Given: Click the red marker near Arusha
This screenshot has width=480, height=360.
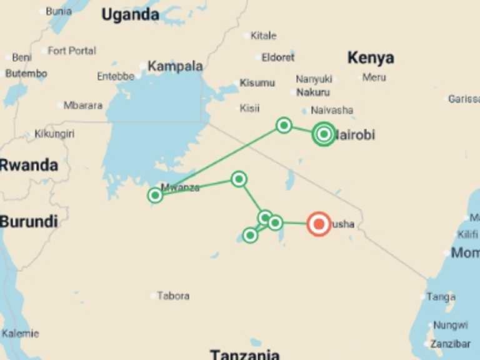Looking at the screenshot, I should coord(319,224).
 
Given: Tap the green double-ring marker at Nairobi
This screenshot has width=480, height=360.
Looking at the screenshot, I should coord(323,134).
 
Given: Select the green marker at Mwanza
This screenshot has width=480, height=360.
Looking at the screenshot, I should coord(155,195).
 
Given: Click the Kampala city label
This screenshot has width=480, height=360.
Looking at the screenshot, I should coord(175,66).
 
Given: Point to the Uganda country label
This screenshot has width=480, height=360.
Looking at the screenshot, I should coord(130,15).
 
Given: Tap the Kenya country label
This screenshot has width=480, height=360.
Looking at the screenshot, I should coord(371,58).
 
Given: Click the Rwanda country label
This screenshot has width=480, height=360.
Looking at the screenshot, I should coord(29,165).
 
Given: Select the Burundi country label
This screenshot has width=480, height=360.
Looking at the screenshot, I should coord(29,221).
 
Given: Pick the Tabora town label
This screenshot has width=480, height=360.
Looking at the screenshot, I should coord(173,296).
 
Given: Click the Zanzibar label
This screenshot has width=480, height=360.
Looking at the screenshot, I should coord(451,344).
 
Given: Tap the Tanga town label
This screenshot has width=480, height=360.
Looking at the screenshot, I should coord(441,297).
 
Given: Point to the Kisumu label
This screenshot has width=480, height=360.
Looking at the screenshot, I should coord(257,82).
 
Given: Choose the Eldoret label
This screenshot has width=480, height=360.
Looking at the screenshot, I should coord(278,57).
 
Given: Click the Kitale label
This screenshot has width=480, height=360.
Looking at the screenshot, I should coord(263,36).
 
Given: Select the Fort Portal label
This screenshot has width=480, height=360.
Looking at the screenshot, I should coord(72,51).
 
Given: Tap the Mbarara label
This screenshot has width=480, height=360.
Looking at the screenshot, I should coord(82,106).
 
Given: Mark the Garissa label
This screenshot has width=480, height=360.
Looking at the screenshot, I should coord(464,99).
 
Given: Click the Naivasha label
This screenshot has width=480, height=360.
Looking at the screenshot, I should coord(332,110).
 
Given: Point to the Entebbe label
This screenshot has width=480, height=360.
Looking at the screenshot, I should coord(116,76).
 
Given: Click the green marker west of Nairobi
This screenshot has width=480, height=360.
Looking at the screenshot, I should coord(284,126).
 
